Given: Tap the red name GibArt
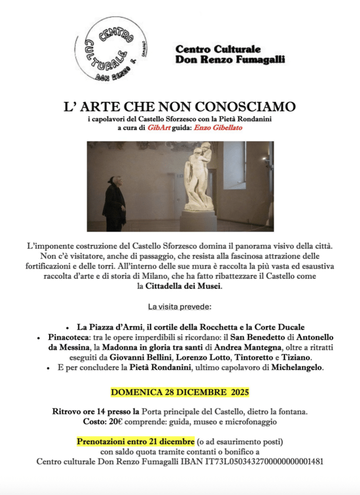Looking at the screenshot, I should click(x=159, y=128).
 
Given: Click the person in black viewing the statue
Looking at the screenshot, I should click(x=114, y=204).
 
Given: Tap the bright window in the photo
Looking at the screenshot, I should click(x=234, y=164).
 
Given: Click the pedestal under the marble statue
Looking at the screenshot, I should click(x=198, y=220).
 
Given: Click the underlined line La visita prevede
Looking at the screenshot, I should click(x=180, y=306).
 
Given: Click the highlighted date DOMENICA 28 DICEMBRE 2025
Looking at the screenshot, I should click(x=180, y=392).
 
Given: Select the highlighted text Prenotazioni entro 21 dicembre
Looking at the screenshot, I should click(x=136, y=442).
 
